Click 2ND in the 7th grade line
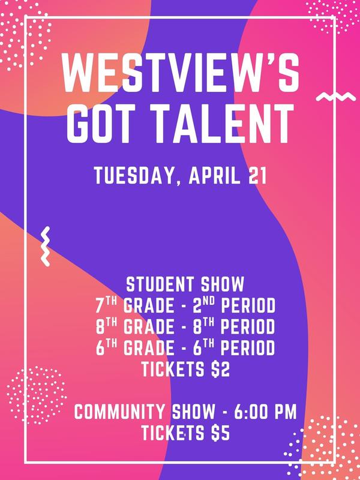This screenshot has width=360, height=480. pos(203,306)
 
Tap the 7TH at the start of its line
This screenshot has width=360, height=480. pos(105,306)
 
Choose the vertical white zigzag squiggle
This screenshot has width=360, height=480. pos(44,246)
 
